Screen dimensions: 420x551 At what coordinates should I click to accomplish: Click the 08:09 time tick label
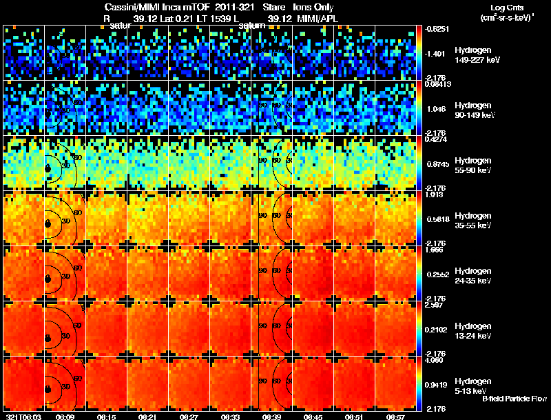(x=65, y=417)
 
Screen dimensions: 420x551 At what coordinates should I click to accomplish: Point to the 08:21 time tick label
(x=147, y=417)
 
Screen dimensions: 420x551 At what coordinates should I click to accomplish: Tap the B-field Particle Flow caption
(x=514, y=399)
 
